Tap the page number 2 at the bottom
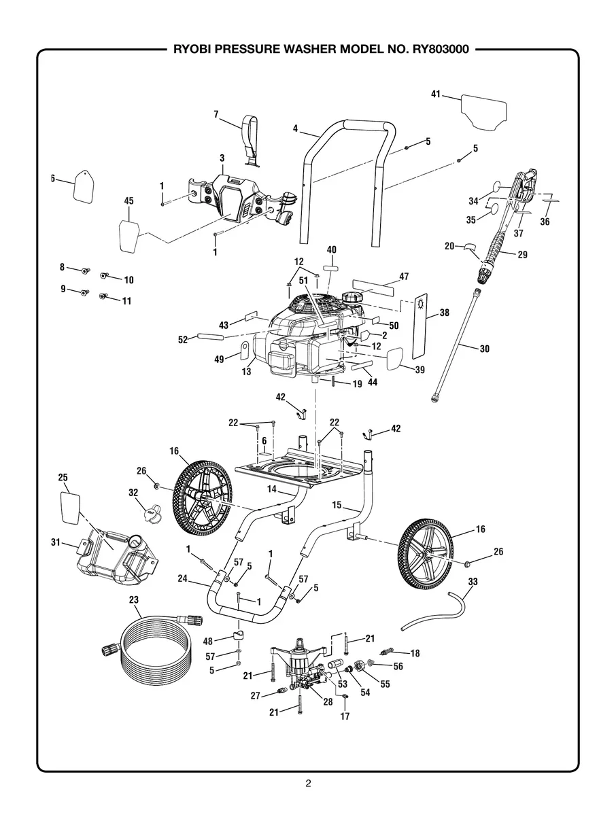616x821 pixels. tap(308, 784)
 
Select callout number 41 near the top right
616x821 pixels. tap(436, 94)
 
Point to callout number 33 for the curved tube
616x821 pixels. tap(473, 582)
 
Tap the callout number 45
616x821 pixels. tap(129, 200)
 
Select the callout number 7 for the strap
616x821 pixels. tap(216, 115)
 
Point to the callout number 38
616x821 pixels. tap(444, 313)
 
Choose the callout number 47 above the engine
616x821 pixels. tap(404, 277)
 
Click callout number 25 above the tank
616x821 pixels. tap(63, 478)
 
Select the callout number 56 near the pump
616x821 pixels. tap(398, 667)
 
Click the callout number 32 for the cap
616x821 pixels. tap(133, 492)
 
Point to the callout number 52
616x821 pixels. tap(183, 339)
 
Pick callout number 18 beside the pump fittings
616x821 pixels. tap(414, 653)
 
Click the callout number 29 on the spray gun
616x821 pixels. tap(522, 255)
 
